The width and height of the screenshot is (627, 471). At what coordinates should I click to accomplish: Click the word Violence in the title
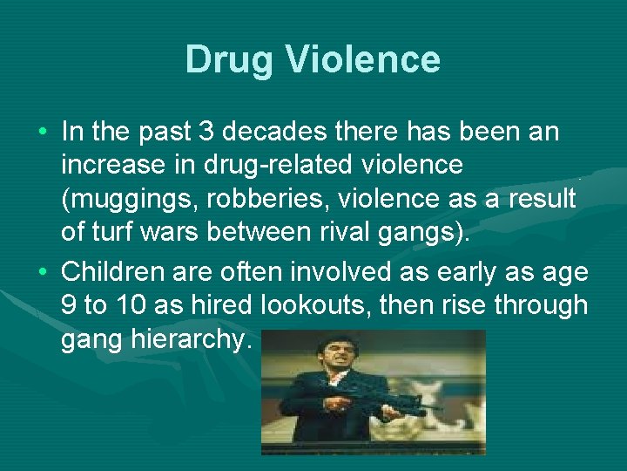coord(367,60)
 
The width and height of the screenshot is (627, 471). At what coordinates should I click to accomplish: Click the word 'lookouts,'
coord(320,305)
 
